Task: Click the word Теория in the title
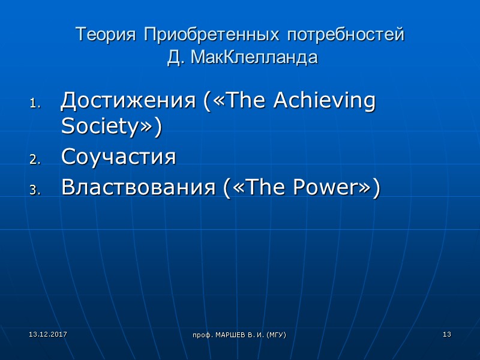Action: pos(106,35)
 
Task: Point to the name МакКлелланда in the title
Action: pos(252,59)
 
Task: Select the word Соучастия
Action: pos(118,157)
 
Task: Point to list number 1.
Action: pos(34,103)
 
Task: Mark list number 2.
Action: pos(34,160)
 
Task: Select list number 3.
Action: pos(34,190)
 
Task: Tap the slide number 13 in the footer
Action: pos(446,334)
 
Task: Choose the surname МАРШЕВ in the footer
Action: pos(230,334)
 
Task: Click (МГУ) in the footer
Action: pos(275,334)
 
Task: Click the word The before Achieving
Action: pos(244,100)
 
